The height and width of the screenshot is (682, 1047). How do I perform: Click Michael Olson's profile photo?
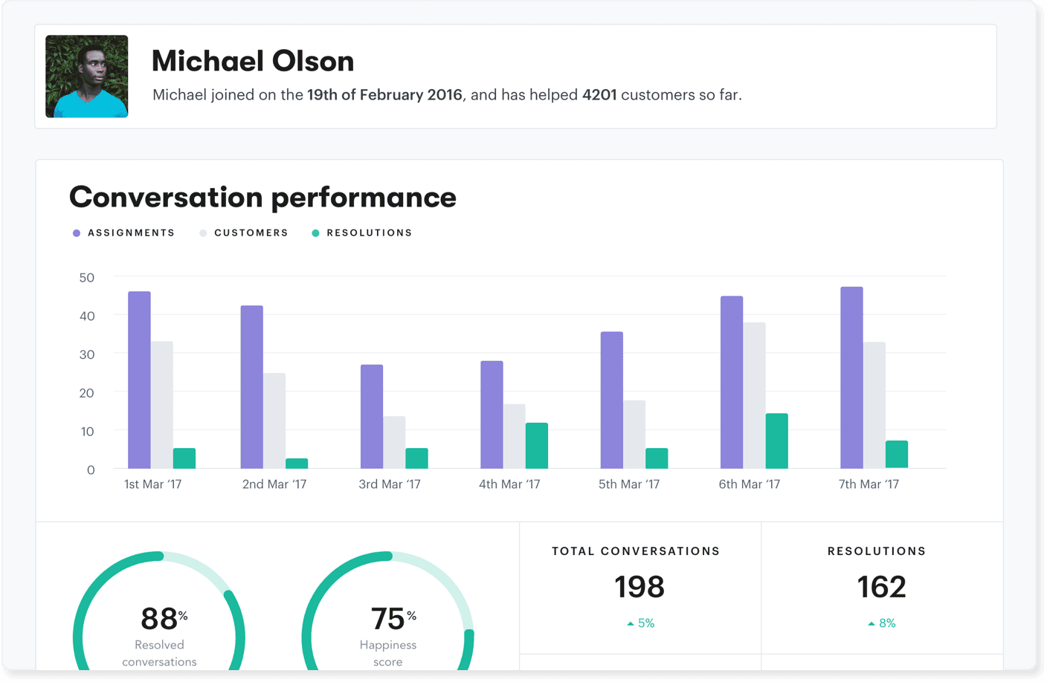click(x=86, y=76)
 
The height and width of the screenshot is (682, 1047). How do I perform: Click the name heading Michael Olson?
click(x=253, y=62)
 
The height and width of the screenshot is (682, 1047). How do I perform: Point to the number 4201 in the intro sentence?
click(x=599, y=95)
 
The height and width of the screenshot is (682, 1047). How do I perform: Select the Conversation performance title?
click(x=262, y=198)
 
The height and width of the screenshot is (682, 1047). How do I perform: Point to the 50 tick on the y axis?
click(x=87, y=278)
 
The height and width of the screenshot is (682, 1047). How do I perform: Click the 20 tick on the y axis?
click(x=87, y=393)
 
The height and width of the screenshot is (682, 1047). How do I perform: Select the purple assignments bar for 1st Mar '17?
click(x=139, y=380)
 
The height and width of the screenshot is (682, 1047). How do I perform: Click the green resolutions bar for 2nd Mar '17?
click(x=297, y=464)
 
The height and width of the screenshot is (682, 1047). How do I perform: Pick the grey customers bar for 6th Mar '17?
click(x=754, y=395)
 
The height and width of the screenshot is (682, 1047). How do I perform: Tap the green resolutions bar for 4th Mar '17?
click(x=537, y=446)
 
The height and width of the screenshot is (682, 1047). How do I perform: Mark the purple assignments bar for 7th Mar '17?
click(x=851, y=377)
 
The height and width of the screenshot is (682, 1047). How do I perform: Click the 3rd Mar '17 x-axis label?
click(x=390, y=484)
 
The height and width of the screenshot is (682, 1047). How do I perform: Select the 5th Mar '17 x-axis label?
click(x=629, y=484)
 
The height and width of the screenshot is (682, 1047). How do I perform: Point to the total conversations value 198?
click(x=639, y=587)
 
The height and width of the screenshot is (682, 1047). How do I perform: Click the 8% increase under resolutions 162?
click(x=882, y=623)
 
